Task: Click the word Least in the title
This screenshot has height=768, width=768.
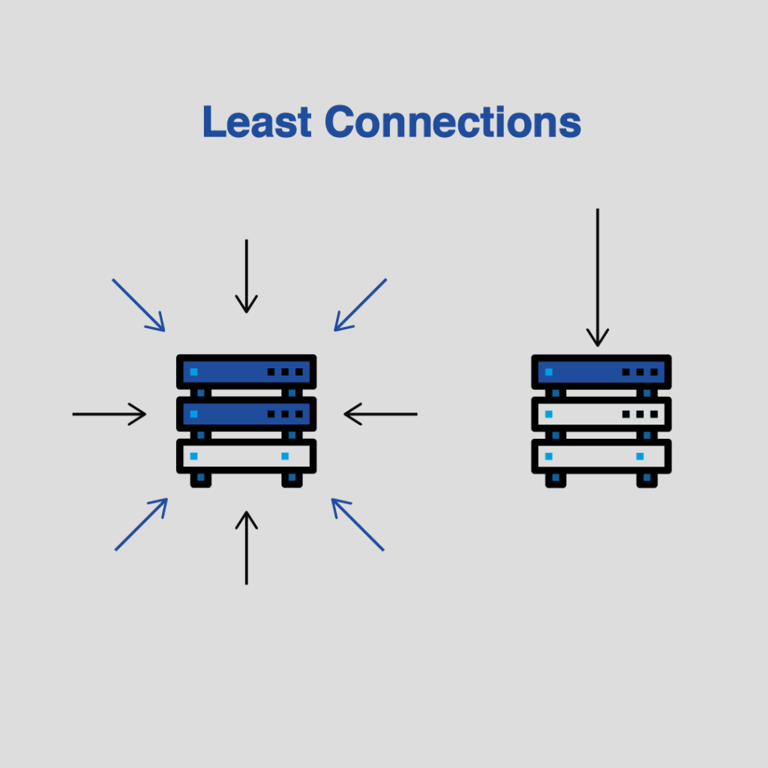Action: [x=257, y=121]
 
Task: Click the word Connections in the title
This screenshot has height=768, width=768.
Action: [x=453, y=121]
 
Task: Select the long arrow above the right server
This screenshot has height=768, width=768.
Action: [x=598, y=277]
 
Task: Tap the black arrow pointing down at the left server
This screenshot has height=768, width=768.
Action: [x=246, y=276]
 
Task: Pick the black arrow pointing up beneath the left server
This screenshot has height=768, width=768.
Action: [x=246, y=547]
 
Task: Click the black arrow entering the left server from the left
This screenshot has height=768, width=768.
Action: [x=109, y=414]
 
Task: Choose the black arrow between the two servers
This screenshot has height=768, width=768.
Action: [x=380, y=414]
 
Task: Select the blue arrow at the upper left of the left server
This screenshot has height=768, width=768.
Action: [x=139, y=305]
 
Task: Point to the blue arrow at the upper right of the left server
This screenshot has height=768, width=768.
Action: [x=361, y=305]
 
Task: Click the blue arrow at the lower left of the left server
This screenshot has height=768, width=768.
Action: [x=142, y=524]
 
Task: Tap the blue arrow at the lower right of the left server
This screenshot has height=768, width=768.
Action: [x=358, y=524]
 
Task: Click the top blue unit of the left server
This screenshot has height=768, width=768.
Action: [x=246, y=372]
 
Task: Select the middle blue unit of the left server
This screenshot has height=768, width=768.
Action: [x=246, y=414]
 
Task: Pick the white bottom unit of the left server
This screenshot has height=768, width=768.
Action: [x=246, y=456]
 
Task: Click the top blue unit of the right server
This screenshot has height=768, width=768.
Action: [x=601, y=372]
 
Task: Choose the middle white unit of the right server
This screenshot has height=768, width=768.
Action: [x=601, y=414]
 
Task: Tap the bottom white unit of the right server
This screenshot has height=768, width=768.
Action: [x=601, y=456]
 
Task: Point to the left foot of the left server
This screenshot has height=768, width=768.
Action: [x=201, y=480]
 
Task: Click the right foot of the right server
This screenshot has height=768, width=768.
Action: [x=647, y=480]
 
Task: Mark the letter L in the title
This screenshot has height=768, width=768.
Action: [x=214, y=121]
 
